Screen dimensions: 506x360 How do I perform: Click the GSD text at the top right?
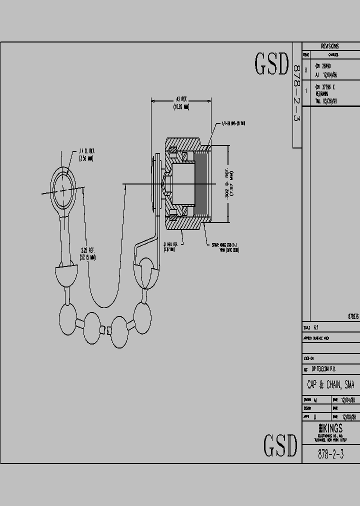pyautogui.click(x=272, y=63)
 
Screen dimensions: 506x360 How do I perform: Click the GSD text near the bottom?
pyautogui.click(x=280, y=444)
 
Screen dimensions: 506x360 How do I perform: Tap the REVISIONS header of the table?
pyautogui.click(x=330, y=46)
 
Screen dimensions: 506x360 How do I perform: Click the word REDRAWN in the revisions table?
pyautogui.click(x=322, y=93)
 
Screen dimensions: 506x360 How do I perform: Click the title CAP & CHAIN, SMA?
pyautogui.click(x=330, y=385)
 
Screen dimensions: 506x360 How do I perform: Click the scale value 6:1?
pyautogui.click(x=316, y=328)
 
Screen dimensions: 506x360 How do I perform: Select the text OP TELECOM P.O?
pyautogui.click(x=323, y=368)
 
